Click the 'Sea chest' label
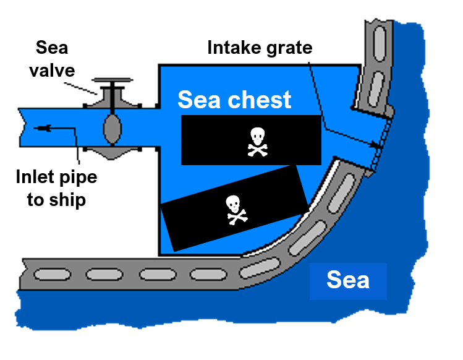[234, 100]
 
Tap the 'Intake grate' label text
[260, 48]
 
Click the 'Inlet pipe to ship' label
[56, 189]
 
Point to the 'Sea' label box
[348, 280]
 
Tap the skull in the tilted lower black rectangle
[234, 209]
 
